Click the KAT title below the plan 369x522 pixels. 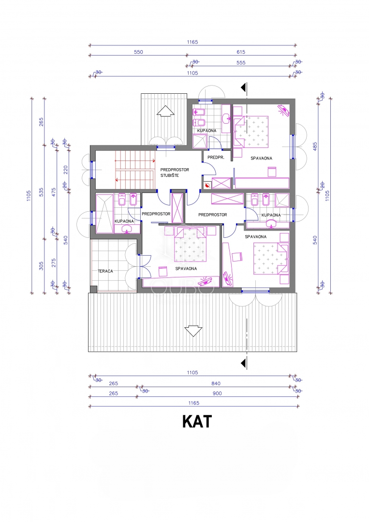pyautogui.click(x=197, y=421)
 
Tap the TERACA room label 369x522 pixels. pyautogui.click(x=105, y=271)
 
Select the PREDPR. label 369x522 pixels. pyautogui.click(x=216, y=158)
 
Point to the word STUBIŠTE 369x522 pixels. pyautogui.click(x=170, y=175)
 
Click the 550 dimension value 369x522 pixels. pyautogui.click(x=138, y=52)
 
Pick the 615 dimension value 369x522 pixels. pyautogui.click(x=241, y=52)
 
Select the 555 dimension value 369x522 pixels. pyautogui.click(x=241, y=62)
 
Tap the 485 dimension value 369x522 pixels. pyautogui.click(x=315, y=146)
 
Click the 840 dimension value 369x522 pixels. pyautogui.click(x=216, y=383)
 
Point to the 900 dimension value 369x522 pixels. pyautogui.click(x=217, y=393)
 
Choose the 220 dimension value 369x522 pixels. pyautogui.click(x=66, y=170)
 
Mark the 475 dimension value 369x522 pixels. pyautogui.click(x=54, y=192)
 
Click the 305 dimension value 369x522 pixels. pyautogui.click(x=41, y=266)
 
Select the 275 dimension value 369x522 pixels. pyautogui.click(x=54, y=263)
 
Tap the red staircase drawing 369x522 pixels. pyautogui.click(x=135, y=170)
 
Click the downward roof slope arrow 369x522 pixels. pyautogui.click(x=193, y=331)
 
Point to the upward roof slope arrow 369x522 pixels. pyautogui.click(x=165, y=111)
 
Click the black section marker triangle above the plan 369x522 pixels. pyautogui.click(x=244, y=87)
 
